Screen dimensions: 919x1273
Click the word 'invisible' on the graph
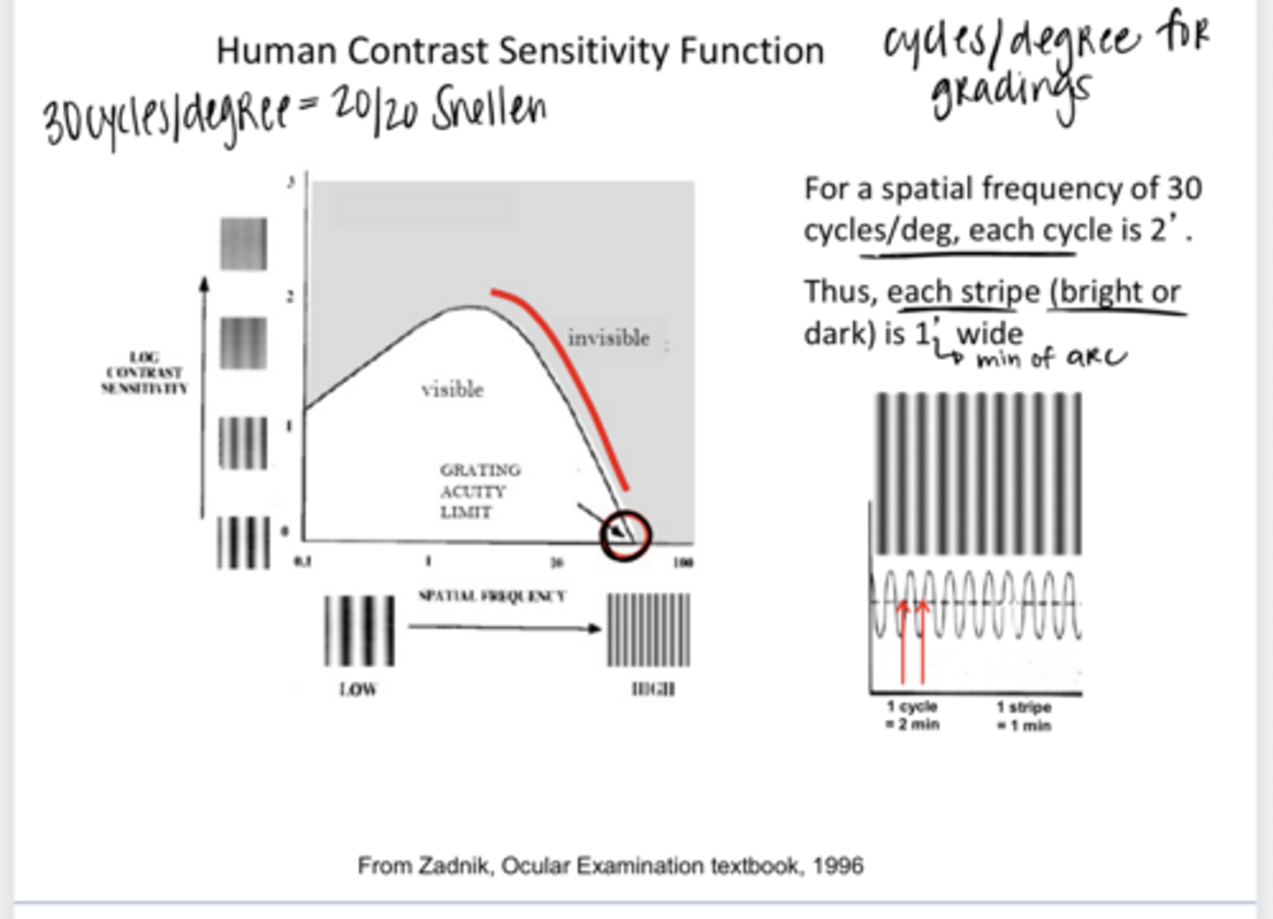click(x=608, y=338)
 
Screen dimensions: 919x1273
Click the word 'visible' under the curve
click(x=452, y=389)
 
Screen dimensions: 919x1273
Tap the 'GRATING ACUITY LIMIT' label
click(x=478, y=491)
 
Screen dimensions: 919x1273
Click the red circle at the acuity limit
click(x=626, y=534)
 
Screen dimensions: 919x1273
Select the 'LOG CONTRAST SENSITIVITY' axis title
click(x=144, y=372)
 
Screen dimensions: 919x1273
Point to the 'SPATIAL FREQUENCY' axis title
click(x=492, y=596)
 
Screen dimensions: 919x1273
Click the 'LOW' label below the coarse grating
click(x=358, y=689)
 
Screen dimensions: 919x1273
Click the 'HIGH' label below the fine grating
click(x=653, y=689)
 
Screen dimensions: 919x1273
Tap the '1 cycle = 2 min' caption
click(x=912, y=715)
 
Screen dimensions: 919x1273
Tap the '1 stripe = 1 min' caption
click(x=1024, y=716)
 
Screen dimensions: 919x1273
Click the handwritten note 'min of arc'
click(x=1050, y=358)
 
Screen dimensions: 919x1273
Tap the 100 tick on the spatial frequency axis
click(x=682, y=563)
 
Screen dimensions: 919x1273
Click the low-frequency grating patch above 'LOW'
click(x=358, y=630)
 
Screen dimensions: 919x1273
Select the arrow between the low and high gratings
click(x=504, y=628)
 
